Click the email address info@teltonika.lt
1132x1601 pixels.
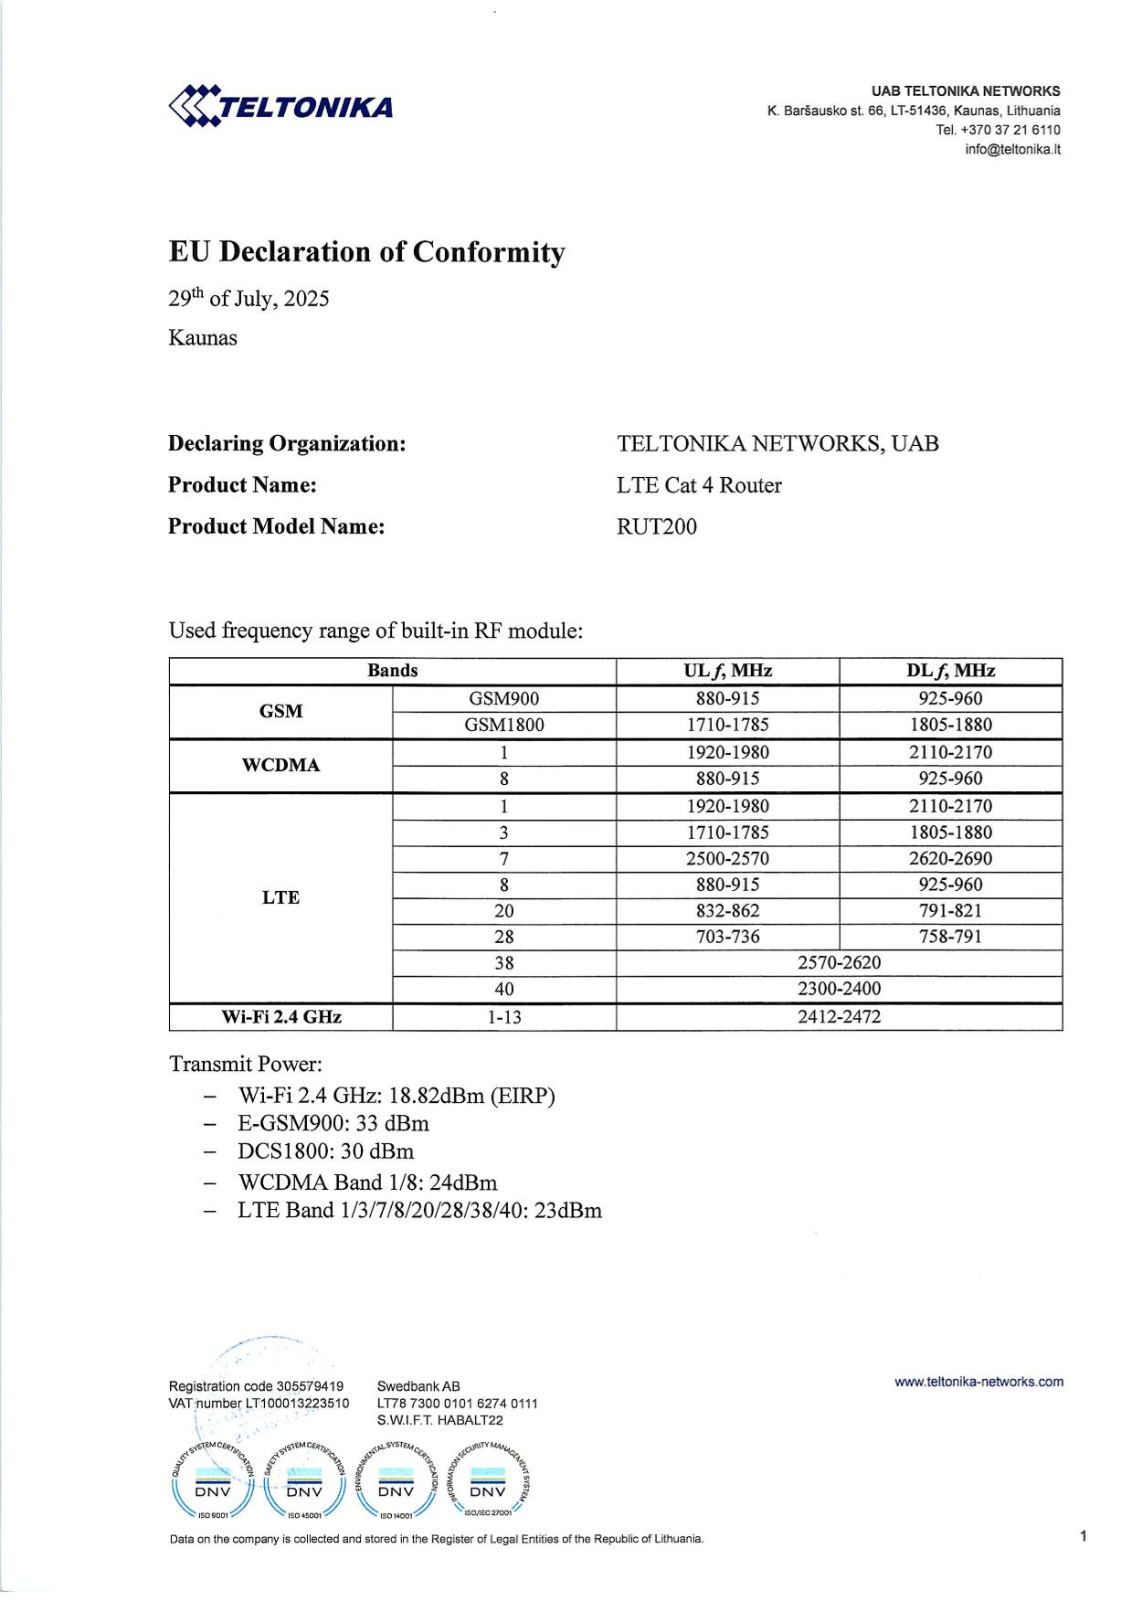point(1012,150)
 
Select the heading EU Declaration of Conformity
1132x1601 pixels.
point(366,252)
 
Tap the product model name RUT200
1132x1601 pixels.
point(656,526)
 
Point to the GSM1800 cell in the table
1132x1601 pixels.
point(503,725)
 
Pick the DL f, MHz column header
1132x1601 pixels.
point(950,671)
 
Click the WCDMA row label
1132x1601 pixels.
point(280,766)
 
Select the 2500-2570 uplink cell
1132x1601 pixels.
point(727,858)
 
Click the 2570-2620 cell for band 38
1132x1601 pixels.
point(839,962)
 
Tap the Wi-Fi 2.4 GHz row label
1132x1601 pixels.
point(280,1016)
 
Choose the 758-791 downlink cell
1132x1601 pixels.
point(950,937)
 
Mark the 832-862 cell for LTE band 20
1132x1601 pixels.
point(727,911)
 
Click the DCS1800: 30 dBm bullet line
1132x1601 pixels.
point(325,1150)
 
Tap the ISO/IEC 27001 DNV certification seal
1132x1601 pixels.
point(487,1490)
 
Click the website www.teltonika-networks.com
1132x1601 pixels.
point(979,1382)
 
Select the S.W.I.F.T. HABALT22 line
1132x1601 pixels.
point(439,1420)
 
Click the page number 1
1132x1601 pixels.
point(1083,1537)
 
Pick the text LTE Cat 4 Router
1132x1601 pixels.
point(699,485)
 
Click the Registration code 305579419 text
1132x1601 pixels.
point(256,1386)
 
